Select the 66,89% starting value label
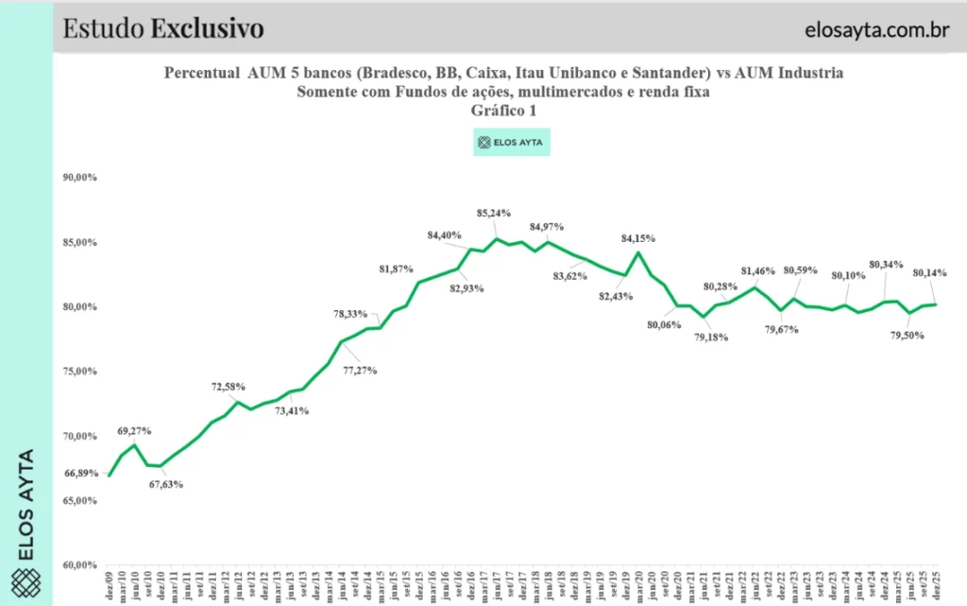(80, 473)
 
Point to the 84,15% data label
(638, 237)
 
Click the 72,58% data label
(229, 387)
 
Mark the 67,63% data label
(166, 485)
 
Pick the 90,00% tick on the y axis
(79, 177)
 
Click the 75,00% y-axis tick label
(79, 371)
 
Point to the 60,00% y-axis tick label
(79, 565)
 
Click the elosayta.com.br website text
(877, 29)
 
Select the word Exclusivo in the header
(207, 28)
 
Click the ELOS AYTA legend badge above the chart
(511, 143)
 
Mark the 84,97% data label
(547, 226)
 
